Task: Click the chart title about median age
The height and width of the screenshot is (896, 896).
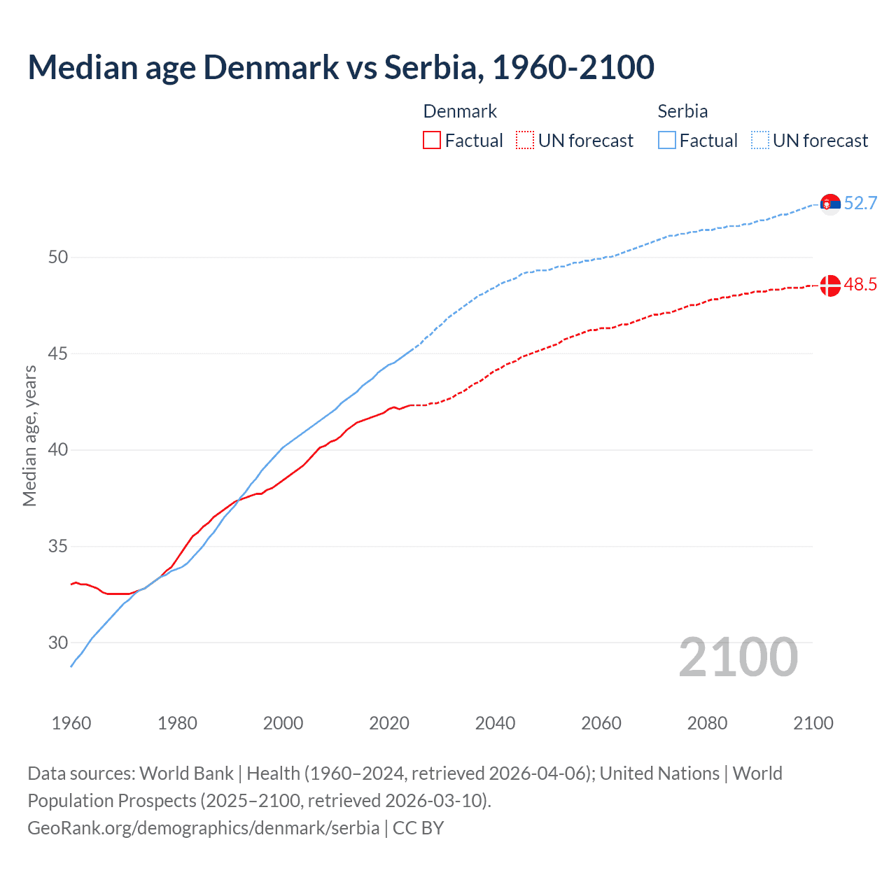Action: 341,67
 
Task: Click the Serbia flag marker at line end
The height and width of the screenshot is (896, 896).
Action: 830,204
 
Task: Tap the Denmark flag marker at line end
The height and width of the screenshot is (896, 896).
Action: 830,285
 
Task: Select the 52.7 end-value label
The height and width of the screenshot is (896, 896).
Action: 860,204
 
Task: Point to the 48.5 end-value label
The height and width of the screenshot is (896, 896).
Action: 860,285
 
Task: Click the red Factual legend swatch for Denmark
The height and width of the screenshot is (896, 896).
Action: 432,141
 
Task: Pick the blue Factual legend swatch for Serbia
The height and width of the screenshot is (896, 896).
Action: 667,141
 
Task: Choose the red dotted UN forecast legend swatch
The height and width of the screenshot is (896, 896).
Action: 525,141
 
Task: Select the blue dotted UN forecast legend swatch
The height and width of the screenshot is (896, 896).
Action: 760,141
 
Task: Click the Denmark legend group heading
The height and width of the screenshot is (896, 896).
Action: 460,111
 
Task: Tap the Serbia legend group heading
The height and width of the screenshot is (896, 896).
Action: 682,111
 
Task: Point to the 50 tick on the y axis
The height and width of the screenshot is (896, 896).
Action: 58,258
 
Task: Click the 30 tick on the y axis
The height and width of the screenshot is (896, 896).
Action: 58,643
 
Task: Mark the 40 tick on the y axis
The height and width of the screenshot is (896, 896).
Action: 58,450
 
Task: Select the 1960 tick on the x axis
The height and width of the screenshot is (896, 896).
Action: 71,723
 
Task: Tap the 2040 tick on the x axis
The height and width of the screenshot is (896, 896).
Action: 495,723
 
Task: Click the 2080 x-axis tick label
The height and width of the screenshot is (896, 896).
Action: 707,723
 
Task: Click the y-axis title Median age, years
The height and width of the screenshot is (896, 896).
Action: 29,435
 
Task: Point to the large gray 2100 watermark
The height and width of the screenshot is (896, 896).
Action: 738,657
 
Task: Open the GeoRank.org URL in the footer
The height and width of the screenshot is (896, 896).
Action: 203,828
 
